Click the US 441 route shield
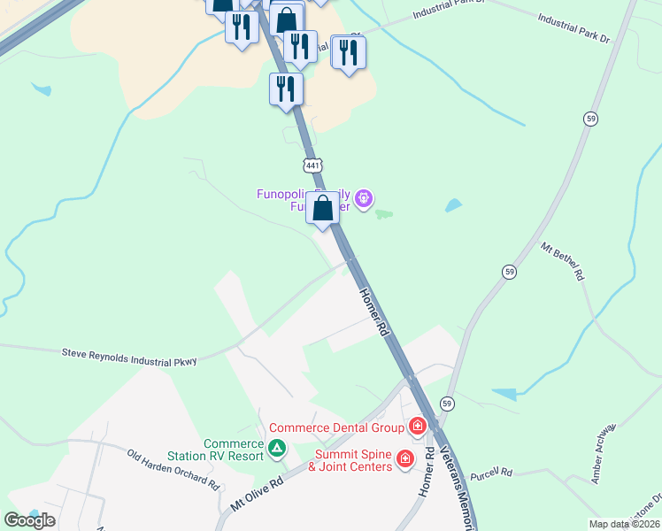[312, 165]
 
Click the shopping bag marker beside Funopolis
[323, 210]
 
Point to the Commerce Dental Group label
[337, 428]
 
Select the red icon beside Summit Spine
[405, 458]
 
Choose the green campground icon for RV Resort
[277, 448]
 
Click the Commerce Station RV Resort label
[234, 450]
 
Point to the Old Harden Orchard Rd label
[173, 470]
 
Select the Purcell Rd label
[491, 473]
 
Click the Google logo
[30, 519]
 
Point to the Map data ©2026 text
[625, 524]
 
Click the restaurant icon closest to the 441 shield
[286, 89]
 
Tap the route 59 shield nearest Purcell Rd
[448, 404]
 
